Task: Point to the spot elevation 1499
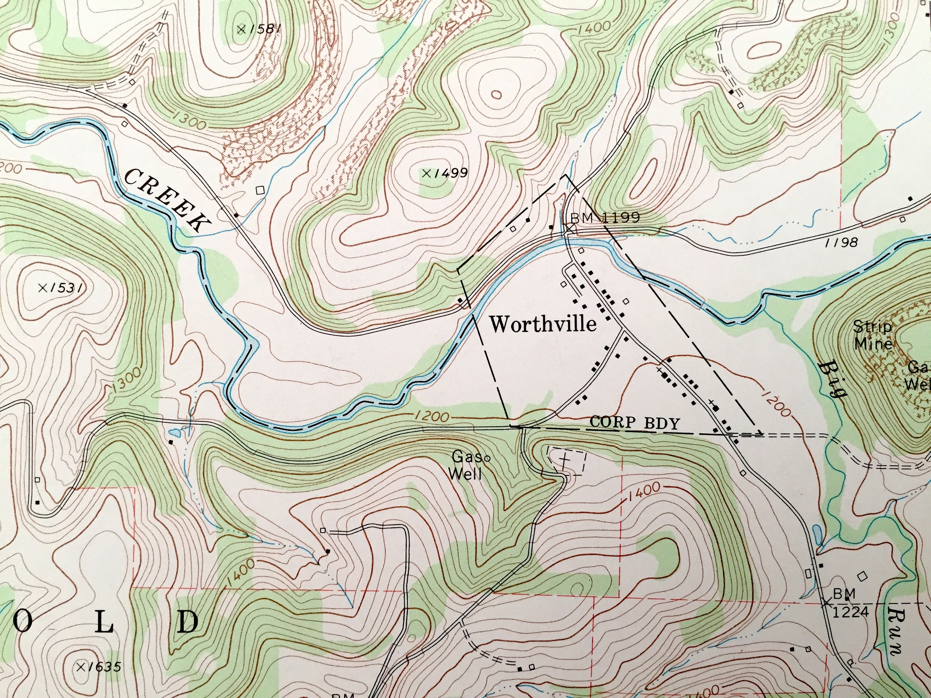point(445,172)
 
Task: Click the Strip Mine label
point(872,335)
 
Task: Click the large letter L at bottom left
point(104,623)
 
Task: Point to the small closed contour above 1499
point(497,95)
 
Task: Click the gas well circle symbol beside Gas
point(487,458)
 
